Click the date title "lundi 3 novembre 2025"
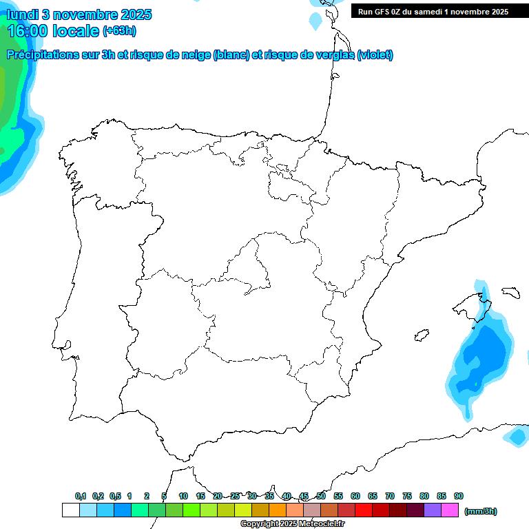79,14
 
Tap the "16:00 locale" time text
54,30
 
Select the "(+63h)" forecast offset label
119,30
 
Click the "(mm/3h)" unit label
480,511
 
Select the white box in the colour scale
70,510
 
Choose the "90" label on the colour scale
459,496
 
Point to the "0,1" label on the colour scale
81,496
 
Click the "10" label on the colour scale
183,496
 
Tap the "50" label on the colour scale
321,496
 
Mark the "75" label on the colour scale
407,496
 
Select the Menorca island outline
510,292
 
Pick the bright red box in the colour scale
364,510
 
